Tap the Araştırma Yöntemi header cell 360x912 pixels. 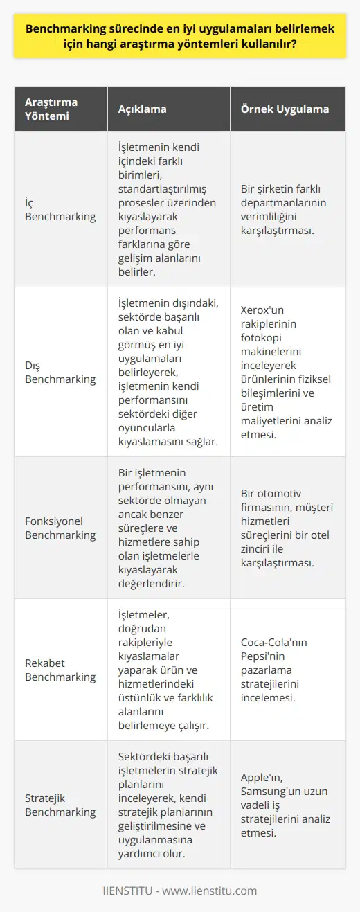(x=51, y=109)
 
